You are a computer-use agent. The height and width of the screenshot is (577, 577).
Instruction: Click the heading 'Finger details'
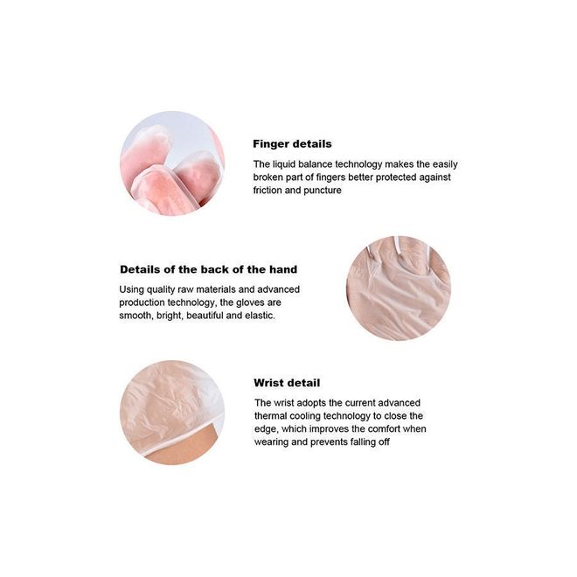pyautogui.click(x=292, y=144)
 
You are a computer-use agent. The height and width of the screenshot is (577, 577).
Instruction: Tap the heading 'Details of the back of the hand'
pyautogui.click(x=209, y=269)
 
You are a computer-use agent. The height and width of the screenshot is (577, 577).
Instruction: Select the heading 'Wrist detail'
pyautogui.click(x=287, y=383)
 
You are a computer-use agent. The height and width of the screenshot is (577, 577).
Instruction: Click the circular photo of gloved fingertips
pyautogui.click(x=172, y=163)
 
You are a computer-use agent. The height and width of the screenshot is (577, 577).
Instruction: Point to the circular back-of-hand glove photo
pyautogui.click(x=399, y=288)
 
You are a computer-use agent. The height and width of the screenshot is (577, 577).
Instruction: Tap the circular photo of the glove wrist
pyautogui.click(x=172, y=413)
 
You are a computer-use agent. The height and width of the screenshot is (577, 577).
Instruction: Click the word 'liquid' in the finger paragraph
pyautogui.click(x=284, y=164)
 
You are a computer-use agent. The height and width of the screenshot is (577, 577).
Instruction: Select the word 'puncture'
pyautogui.click(x=323, y=191)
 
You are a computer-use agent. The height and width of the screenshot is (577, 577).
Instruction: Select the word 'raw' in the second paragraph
pyautogui.click(x=185, y=289)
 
